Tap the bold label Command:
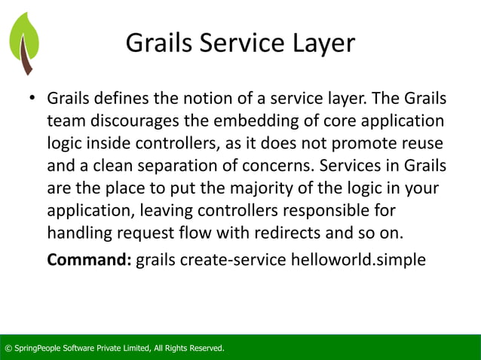point(89,261)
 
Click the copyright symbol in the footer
point(8,348)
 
